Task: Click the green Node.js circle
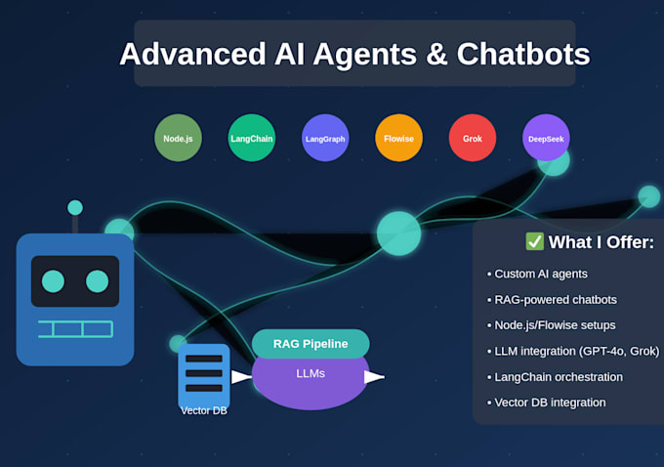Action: pos(178,138)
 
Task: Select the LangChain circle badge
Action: pos(252,138)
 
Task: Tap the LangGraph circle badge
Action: pos(325,138)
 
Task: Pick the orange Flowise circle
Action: pos(398,138)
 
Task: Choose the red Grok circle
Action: pos(473,138)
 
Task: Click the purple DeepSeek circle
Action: pos(546,138)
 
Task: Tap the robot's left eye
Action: pos(53,281)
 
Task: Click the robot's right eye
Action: pos(97,281)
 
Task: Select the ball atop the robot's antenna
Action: pos(75,207)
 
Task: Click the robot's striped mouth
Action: pos(75,328)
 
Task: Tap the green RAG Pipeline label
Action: pos(311,344)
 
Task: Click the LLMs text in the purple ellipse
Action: pos(311,373)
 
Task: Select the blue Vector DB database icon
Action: pos(204,373)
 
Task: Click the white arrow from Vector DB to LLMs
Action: pos(241,376)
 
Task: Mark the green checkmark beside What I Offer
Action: pos(534,241)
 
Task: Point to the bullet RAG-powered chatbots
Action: pos(556,299)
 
